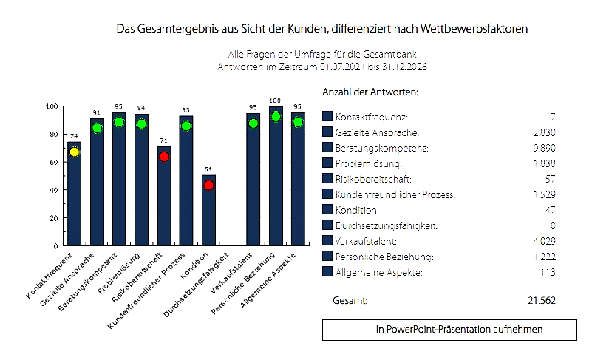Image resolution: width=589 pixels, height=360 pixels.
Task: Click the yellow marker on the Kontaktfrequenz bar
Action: pyautogui.click(x=74, y=152)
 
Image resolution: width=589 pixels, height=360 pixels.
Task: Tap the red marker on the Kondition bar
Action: pyautogui.click(x=208, y=186)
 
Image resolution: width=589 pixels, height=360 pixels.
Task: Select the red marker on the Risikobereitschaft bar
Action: pyautogui.click(x=164, y=156)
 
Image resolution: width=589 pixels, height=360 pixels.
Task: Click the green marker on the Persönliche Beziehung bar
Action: pyautogui.click(x=276, y=117)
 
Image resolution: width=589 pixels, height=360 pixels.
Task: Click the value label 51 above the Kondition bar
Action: pyautogui.click(x=208, y=169)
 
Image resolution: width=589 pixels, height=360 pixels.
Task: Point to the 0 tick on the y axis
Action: pyautogui.click(x=55, y=245)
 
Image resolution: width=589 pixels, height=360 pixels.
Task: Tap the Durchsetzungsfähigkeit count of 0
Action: pyautogui.click(x=552, y=225)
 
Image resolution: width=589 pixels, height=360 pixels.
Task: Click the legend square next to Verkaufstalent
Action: pyautogui.click(x=327, y=240)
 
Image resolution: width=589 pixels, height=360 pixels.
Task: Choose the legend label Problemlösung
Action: pyautogui.click(x=368, y=163)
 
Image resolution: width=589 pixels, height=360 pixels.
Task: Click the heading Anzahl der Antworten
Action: pyautogui.click(x=370, y=92)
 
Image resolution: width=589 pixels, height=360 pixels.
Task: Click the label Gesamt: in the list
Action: pyautogui.click(x=350, y=300)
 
